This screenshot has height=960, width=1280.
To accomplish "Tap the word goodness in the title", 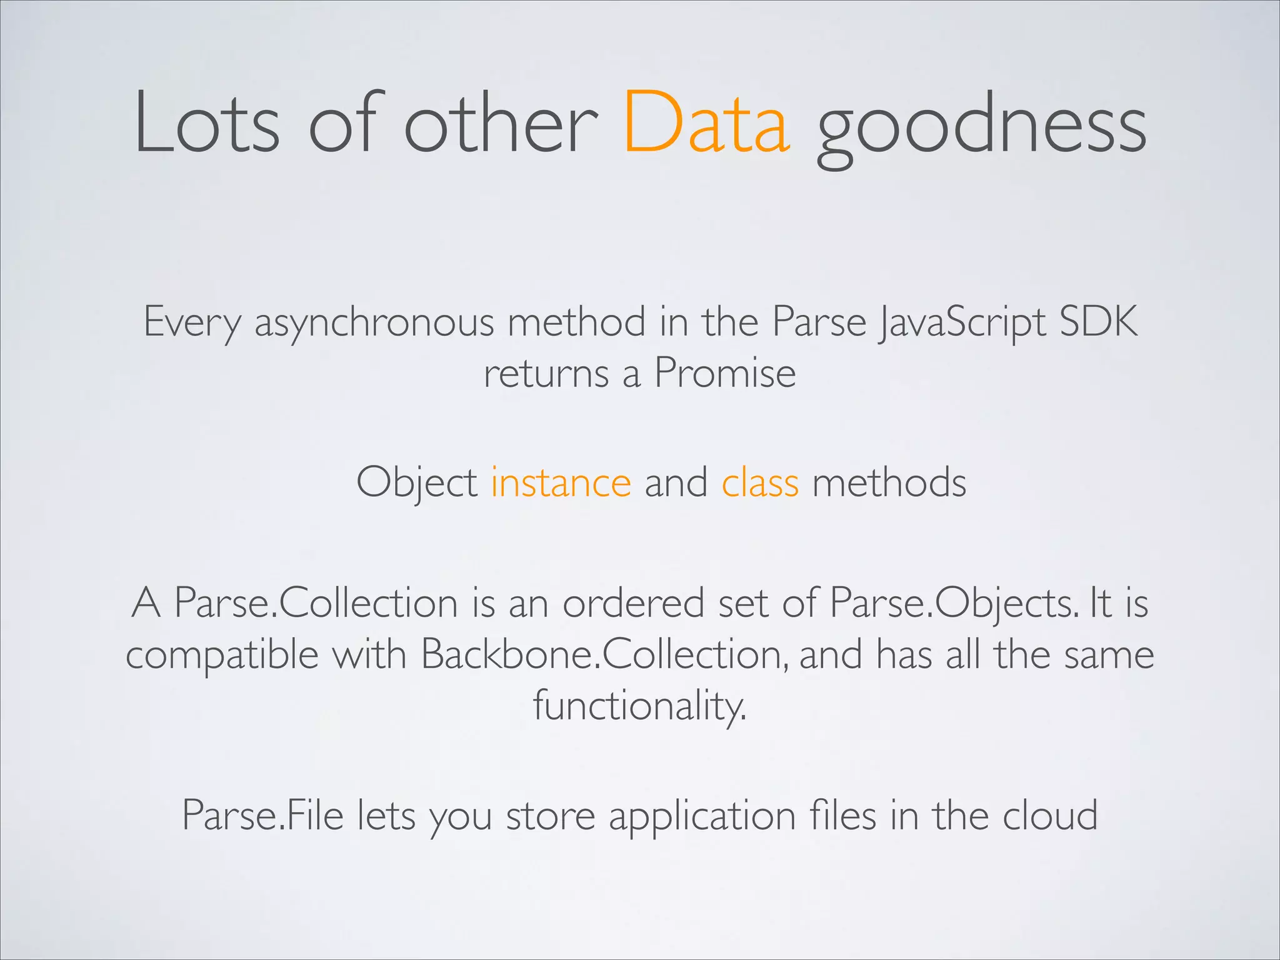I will click(981, 125).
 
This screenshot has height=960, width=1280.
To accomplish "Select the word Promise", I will click(725, 373).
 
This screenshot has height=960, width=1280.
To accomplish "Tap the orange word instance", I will click(561, 482).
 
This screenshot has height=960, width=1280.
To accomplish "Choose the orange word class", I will click(760, 482).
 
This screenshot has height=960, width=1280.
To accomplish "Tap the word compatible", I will click(222, 656).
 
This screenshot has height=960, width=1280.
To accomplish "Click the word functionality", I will click(639, 706).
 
